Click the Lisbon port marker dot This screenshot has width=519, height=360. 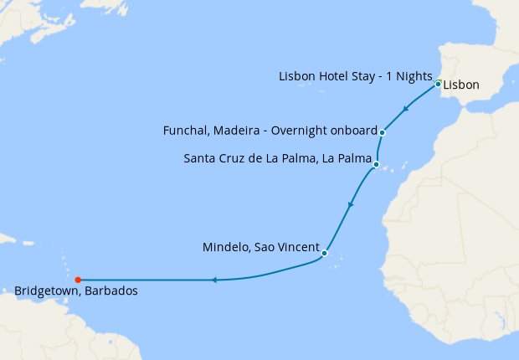click(438, 84)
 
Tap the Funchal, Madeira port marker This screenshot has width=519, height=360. click(382, 132)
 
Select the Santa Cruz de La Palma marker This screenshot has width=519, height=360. click(376, 164)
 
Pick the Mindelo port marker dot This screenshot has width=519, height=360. click(324, 253)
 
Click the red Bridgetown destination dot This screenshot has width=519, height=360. click(77, 280)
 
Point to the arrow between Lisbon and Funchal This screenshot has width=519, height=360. click(406, 109)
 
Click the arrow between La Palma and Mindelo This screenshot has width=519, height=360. click(350, 203)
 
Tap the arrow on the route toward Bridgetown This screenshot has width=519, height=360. click(213, 280)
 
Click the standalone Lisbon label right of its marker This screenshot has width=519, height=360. click(461, 85)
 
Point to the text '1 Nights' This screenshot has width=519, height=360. click(410, 77)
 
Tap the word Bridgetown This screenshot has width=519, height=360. click(47, 291)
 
